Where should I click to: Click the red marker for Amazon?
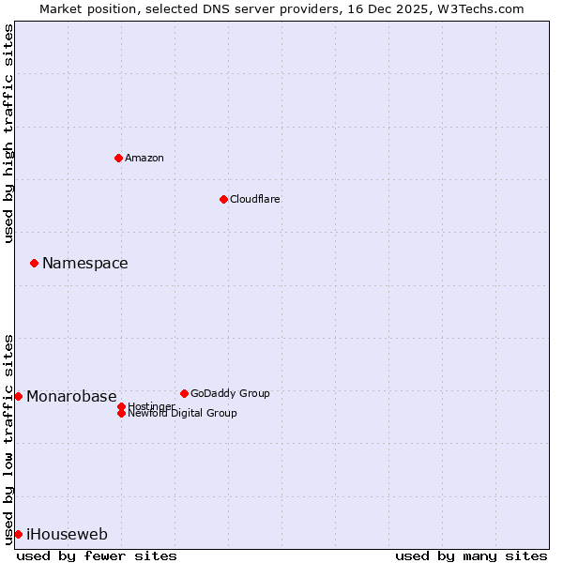click(x=118, y=158)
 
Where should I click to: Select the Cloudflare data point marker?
click(x=223, y=199)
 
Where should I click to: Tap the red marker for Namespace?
click(x=34, y=263)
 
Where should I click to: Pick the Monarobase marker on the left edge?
click(x=18, y=396)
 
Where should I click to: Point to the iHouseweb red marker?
click(x=18, y=534)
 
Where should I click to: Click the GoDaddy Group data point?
click(x=184, y=393)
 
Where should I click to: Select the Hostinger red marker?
click(x=121, y=406)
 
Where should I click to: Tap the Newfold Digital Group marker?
click(x=121, y=413)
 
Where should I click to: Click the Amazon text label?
click(x=145, y=158)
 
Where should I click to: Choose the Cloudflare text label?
click(x=255, y=199)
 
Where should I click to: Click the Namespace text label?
click(x=85, y=263)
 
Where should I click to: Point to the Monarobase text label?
click(x=71, y=396)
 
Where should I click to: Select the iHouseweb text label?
click(x=67, y=534)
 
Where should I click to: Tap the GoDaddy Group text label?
click(x=230, y=393)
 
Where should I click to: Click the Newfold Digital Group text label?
click(x=182, y=414)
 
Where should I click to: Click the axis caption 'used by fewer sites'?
click(x=97, y=555)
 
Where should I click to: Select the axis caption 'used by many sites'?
click(x=471, y=555)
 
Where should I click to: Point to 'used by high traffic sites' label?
click(x=8, y=133)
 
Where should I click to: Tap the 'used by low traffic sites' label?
click(x=8, y=438)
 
